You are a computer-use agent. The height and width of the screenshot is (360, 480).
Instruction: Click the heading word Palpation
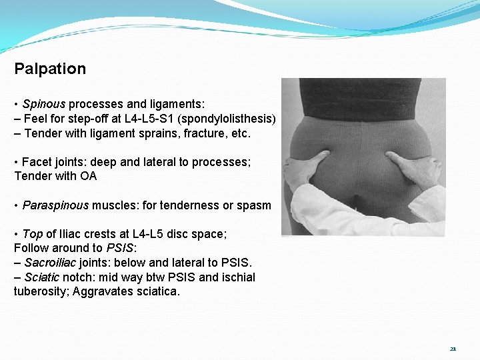(x=50, y=69)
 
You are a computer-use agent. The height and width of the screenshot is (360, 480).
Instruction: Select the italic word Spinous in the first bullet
(x=43, y=105)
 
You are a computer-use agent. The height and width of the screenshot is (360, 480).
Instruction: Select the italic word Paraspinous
(x=55, y=205)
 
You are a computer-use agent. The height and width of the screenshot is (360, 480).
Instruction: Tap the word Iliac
(x=89, y=234)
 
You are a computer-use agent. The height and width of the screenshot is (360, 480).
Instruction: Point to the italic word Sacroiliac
(x=51, y=263)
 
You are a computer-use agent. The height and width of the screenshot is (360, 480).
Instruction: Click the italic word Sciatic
(x=41, y=277)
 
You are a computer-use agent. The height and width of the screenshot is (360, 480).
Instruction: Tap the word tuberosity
(x=39, y=291)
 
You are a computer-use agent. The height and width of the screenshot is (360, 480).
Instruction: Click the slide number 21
(x=453, y=349)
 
